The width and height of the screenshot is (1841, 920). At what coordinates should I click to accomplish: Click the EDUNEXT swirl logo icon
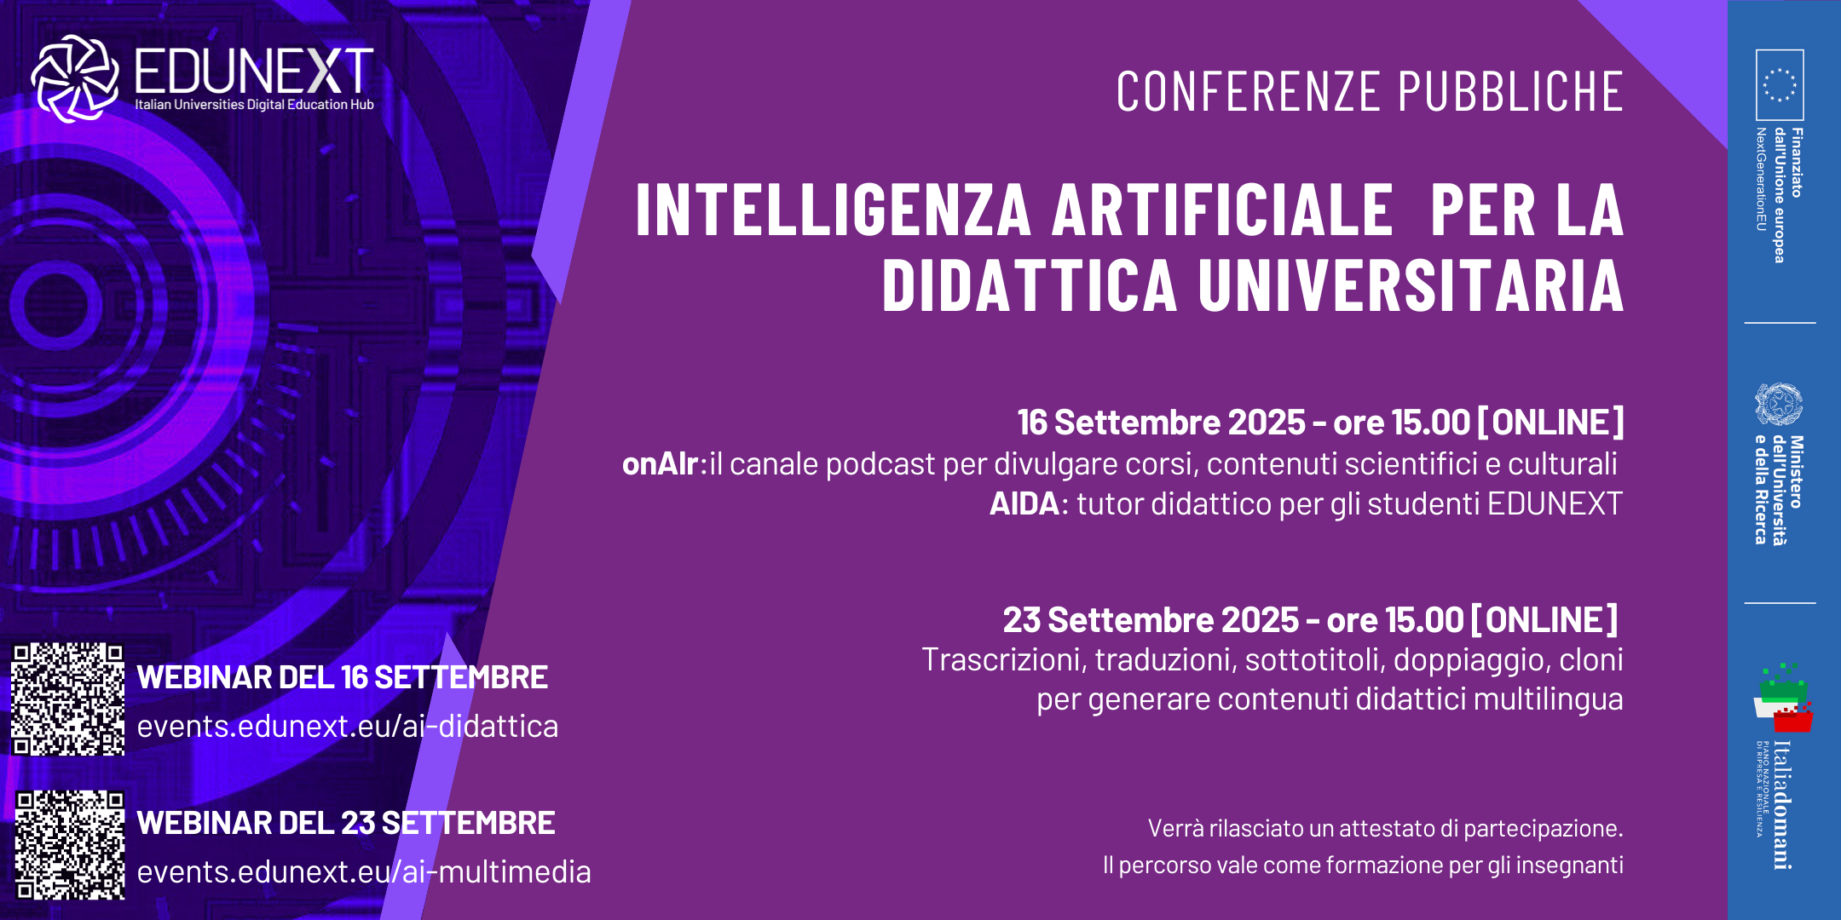[75, 78]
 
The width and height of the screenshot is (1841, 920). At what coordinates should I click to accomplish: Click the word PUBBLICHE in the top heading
[1510, 92]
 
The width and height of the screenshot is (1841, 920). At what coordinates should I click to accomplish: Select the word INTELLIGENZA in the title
[834, 210]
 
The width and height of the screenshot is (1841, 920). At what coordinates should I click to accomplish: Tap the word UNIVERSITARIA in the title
[1411, 285]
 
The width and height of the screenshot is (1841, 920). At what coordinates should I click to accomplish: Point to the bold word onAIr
[661, 464]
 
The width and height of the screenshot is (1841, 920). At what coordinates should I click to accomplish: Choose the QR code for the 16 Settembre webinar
[68, 699]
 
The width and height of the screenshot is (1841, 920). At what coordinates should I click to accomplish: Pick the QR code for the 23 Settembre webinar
[70, 845]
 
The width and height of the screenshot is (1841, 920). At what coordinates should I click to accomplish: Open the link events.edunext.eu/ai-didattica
[348, 727]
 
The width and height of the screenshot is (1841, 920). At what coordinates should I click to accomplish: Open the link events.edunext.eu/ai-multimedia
[364, 872]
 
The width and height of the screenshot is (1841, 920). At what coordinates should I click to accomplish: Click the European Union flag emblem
[1780, 84]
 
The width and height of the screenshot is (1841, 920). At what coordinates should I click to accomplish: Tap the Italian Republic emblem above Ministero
[1779, 405]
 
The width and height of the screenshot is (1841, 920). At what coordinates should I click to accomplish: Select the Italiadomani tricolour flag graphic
[1783, 698]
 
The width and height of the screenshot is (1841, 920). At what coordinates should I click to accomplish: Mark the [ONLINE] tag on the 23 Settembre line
[1544, 620]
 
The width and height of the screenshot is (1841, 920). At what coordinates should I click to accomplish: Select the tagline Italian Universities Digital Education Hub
[254, 105]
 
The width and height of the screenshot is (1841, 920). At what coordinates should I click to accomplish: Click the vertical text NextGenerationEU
[1761, 179]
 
